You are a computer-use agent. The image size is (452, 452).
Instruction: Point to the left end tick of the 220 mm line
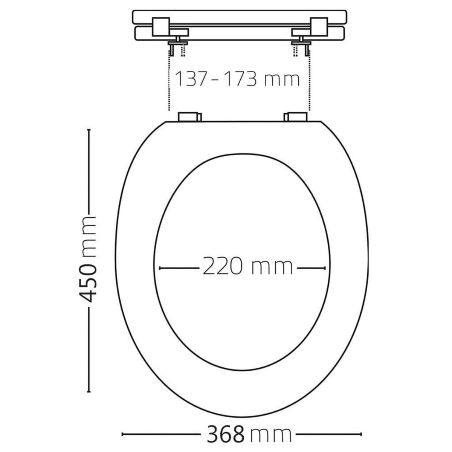[x=160, y=268]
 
